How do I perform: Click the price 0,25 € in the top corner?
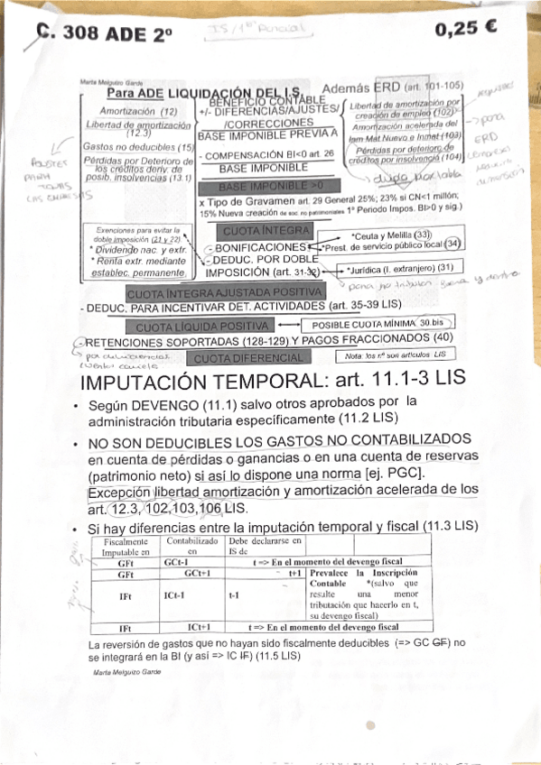466,28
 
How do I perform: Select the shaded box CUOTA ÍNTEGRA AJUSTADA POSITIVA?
224,293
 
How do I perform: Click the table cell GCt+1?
196,573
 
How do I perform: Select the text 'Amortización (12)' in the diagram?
137,110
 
